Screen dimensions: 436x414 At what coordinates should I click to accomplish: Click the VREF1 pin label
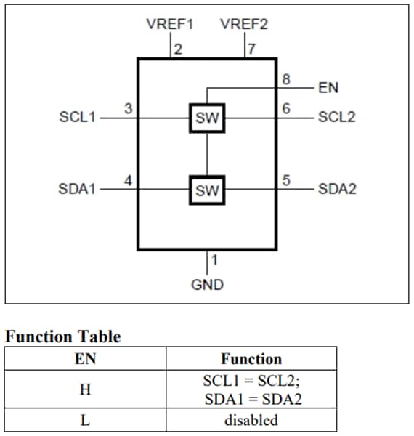pos(170,24)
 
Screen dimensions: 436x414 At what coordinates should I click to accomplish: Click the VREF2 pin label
pos(244,24)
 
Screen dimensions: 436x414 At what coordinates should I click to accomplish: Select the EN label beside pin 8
pos(328,88)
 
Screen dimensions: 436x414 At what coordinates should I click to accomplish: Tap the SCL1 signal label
pos(77,117)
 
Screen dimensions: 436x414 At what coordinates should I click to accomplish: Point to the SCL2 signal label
pos(337,117)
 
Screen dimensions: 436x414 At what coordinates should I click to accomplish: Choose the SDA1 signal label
pos(77,190)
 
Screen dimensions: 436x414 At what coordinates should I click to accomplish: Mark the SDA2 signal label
pos(337,190)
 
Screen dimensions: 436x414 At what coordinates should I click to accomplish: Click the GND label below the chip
pos(207,285)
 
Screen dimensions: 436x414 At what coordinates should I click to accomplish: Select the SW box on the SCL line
pos(207,118)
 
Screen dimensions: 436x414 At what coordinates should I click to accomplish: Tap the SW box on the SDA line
pos(207,191)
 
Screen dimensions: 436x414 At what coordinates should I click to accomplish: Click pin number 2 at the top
pos(178,49)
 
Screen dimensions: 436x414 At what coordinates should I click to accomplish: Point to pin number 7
pos(251,49)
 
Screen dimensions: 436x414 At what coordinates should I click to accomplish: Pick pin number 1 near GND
pos(214,259)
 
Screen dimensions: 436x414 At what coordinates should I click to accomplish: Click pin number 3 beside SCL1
pos(128,109)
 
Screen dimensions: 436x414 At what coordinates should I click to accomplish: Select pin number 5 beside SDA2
pos(287,181)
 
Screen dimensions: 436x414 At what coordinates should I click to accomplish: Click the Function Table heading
pos(63,336)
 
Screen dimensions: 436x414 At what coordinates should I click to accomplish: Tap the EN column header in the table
pos(86,358)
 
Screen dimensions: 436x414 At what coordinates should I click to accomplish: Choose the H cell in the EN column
pos(86,389)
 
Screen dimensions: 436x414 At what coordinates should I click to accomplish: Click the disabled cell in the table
pos(251,420)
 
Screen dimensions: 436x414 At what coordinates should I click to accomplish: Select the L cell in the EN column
pos(86,420)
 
